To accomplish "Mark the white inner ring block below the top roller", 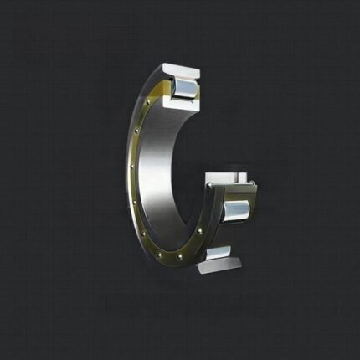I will (183, 105).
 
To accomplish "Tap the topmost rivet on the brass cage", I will (150, 103).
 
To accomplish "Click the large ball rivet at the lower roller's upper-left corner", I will (208, 190).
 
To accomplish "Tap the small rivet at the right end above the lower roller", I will (248, 184).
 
